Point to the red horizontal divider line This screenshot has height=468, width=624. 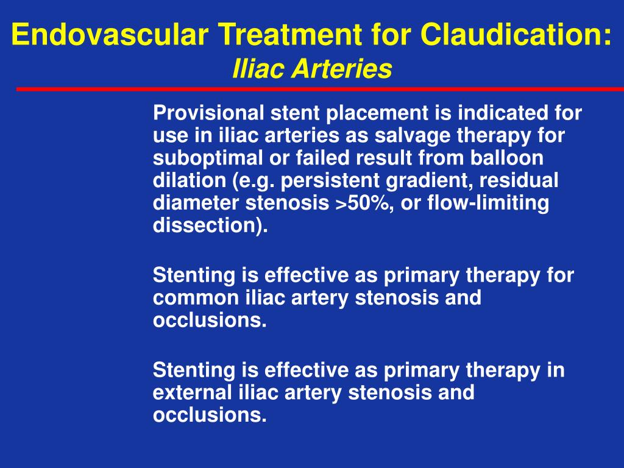coord(319,89)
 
